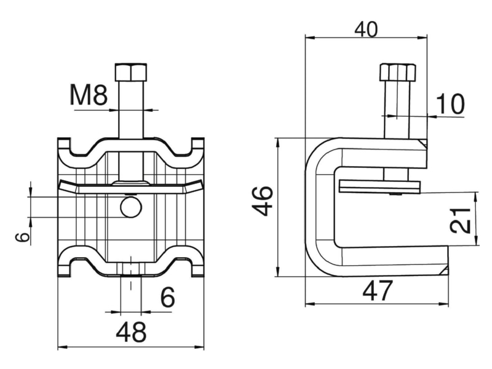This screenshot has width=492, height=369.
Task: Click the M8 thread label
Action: coord(89,95)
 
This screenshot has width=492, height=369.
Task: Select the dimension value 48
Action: coord(131,332)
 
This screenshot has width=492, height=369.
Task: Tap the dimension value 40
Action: coord(367,30)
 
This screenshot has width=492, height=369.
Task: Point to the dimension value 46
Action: coord(263,201)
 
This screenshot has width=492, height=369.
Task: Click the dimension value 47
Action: coord(377,290)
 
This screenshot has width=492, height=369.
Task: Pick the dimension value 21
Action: coord(460,220)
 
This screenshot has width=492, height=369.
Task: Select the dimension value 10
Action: coord(450,103)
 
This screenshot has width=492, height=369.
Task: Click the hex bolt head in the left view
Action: coord(131,72)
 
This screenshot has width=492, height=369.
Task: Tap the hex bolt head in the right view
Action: coord(397,72)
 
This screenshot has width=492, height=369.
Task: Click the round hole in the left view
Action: coord(131,207)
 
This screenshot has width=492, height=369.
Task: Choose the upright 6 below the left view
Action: coord(167,297)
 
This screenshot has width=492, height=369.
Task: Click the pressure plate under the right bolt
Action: coord(379,187)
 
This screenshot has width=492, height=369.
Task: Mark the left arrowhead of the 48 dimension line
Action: coord(63,347)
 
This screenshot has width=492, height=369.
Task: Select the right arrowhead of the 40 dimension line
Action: coord(423,38)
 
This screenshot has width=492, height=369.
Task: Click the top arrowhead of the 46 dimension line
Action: coord(277,143)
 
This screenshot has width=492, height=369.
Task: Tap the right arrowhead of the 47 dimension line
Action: coord(443,304)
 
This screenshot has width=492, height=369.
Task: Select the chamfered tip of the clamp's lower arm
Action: coord(444,271)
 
